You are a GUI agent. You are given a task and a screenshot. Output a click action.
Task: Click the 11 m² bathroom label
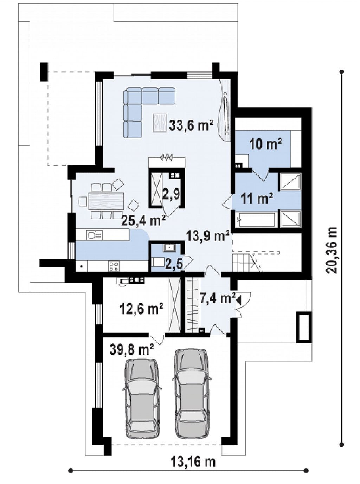257,199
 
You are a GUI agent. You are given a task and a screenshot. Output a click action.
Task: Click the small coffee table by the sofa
160,123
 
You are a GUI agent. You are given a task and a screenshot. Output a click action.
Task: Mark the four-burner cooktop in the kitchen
114,266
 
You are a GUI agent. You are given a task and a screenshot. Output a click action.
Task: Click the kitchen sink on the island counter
94,235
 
